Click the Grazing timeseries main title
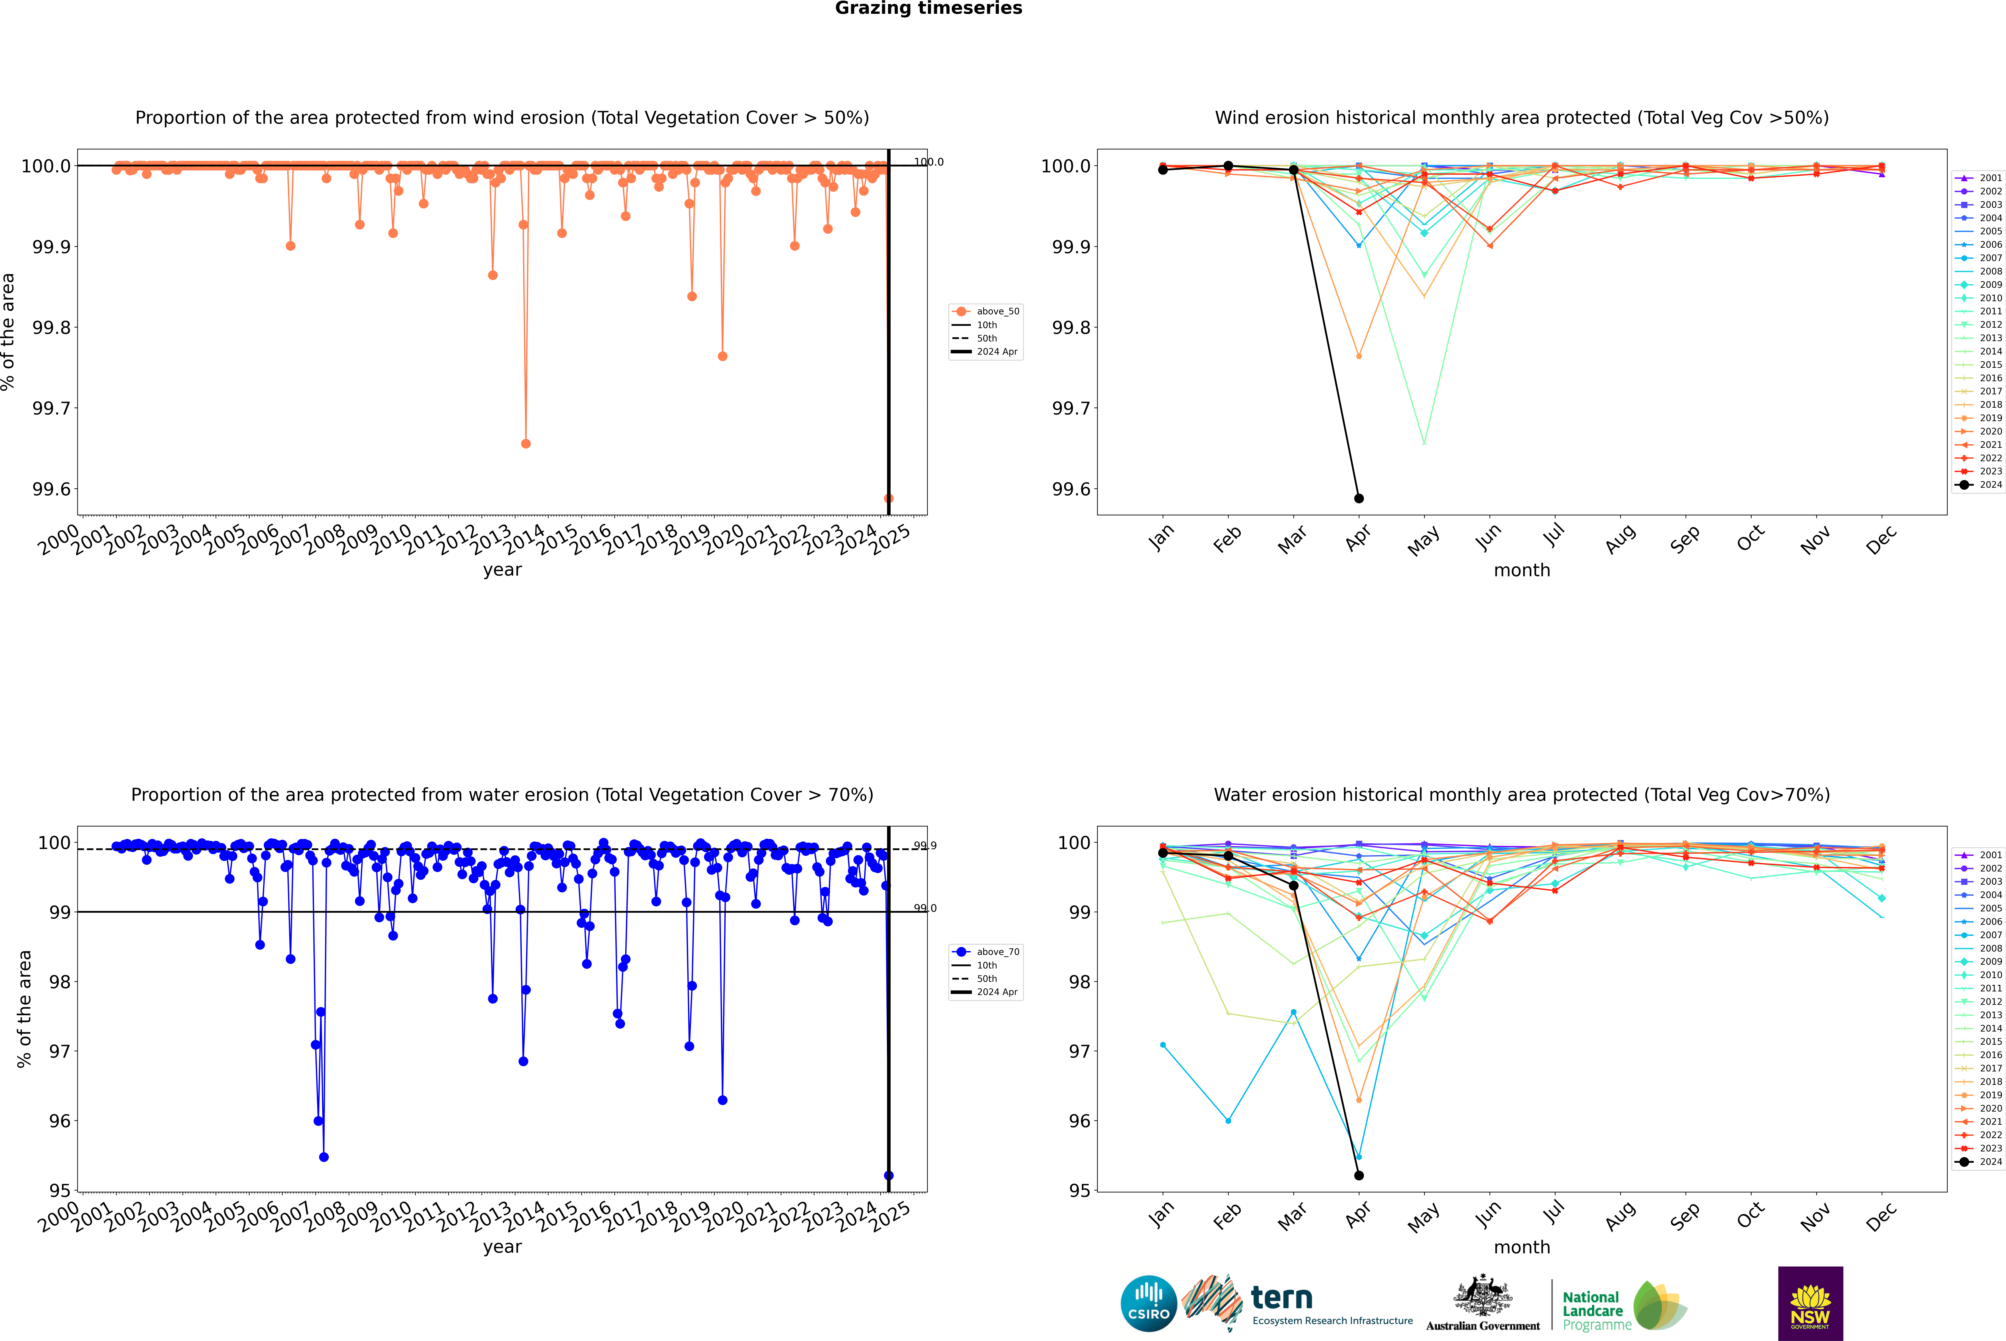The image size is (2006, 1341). pyautogui.click(x=929, y=8)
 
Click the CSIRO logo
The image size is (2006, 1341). pyautogui.click(x=1148, y=1303)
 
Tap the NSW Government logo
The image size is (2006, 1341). pyautogui.click(x=1810, y=1303)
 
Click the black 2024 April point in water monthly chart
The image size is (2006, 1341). pyautogui.click(x=1359, y=1175)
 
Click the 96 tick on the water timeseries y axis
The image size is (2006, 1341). pyautogui.click(x=60, y=1121)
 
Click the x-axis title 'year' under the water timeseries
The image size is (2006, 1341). pyautogui.click(x=502, y=1247)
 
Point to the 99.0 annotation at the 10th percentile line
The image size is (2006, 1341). pyautogui.click(x=925, y=908)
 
